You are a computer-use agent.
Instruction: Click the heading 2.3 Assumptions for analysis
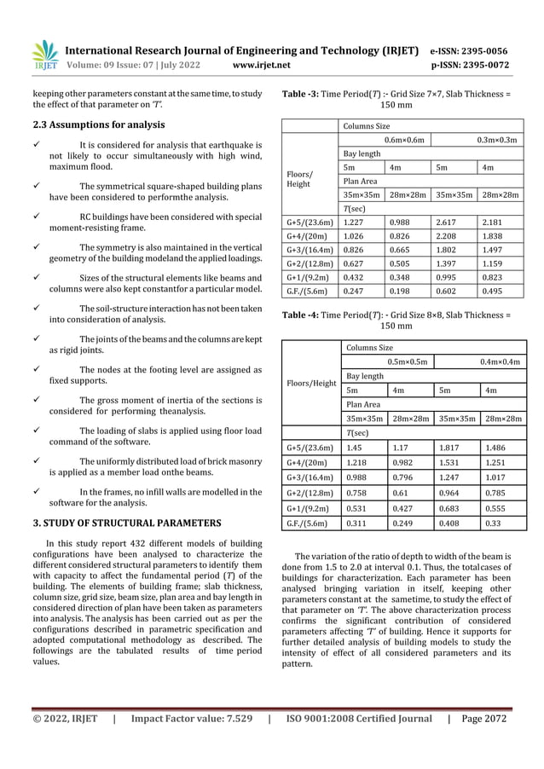tap(93, 124)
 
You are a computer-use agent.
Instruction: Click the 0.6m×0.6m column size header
tap(404, 139)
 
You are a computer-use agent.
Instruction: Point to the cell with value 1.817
tap(446, 447)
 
